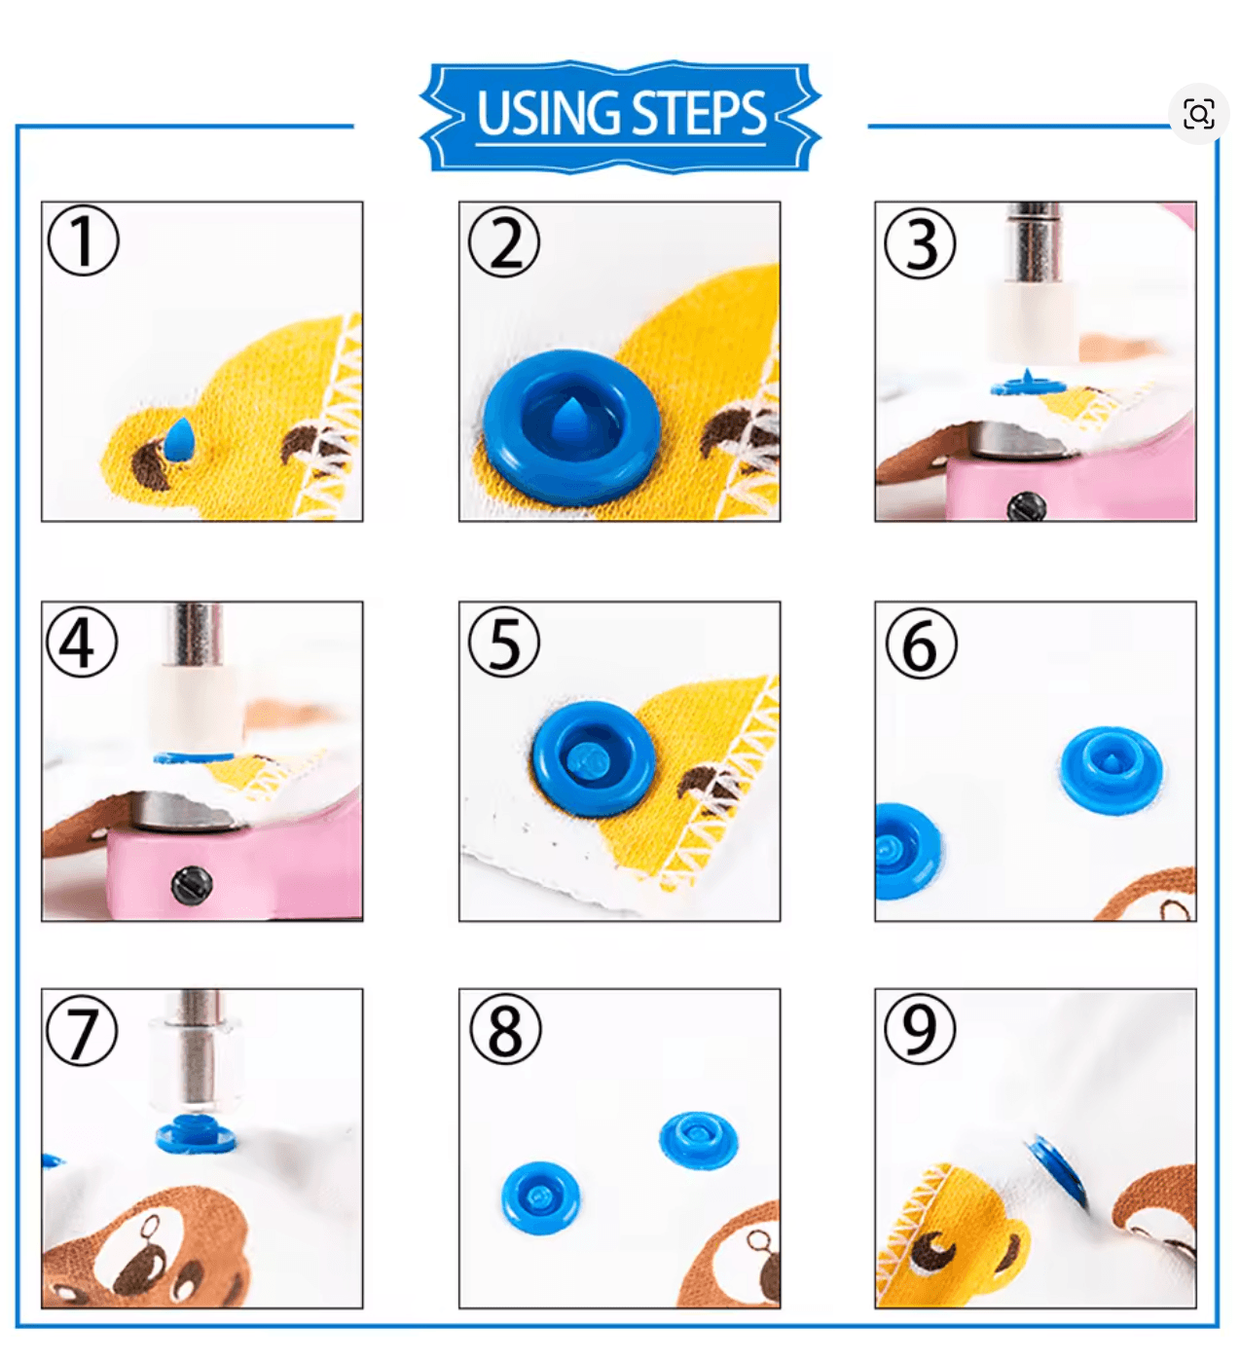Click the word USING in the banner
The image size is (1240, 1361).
pyautogui.click(x=548, y=113)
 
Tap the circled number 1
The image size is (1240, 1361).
pyautogui.click(x=84, y=240)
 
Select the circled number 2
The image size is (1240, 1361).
pyautogui.click(x=504, y=242)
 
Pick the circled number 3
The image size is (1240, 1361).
pyautogui.click(x=920, y=242)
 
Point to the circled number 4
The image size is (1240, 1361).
pyautogui.click(x=82, y=642)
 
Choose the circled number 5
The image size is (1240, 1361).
pyautogui.click(x=504, y=642)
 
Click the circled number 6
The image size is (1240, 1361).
pyautogui.click(x=921, y=644)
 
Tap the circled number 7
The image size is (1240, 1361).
pyautogui.click(x=82, y=1030)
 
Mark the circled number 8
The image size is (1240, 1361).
pyautogui.click(x=505, y=1028)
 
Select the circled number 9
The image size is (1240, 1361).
pyautogui.click(x=920, y=1028)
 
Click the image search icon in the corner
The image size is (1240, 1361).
pyautogui.click(x=1198, y=113)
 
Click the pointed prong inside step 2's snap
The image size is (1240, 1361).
pyautogui.click(x=572, y=420)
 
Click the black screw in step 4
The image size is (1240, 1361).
pyautogui.click(x=192, y=883)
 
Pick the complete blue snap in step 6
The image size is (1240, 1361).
pyautogui.click(x=1112, y=769)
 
